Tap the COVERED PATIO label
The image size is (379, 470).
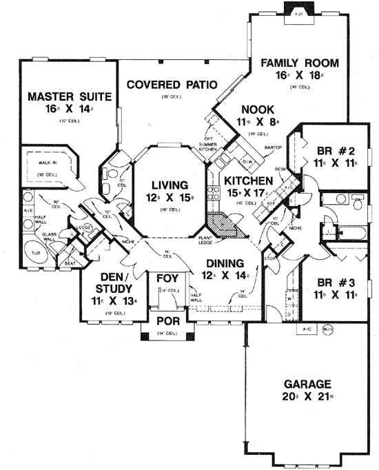click(172, 85)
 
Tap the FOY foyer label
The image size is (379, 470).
click(169, 278)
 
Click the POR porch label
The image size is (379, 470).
click(169, 322)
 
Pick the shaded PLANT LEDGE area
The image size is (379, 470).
click(224, 225)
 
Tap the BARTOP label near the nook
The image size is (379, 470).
click(273, 147)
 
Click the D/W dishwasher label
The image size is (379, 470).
click(245, 162)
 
